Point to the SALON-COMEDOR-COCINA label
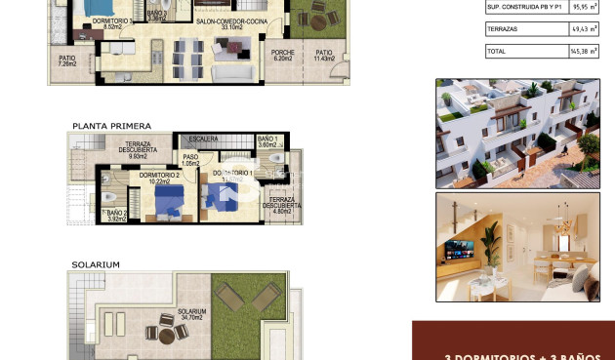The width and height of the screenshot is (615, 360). tap(204, 23)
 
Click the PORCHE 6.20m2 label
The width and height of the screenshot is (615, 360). tap(283, 56)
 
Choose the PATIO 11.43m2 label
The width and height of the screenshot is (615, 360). tap(323, 56)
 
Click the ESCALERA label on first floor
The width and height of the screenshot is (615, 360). tap(202, 139)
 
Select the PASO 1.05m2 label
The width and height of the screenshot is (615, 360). tap(191, 159)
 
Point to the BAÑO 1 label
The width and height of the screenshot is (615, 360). tap(268, 141)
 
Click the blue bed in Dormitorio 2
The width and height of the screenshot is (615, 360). tap(168, 199)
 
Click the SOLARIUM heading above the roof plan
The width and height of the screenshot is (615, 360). tap(96, 264)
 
